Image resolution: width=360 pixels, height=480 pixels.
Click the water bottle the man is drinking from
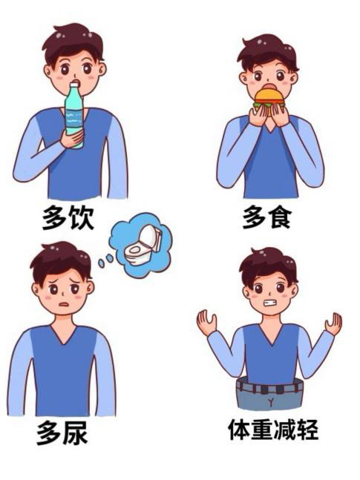(x=74, y=116)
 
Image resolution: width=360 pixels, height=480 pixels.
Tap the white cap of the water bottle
(x=74, y=84)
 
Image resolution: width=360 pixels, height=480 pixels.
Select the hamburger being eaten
(x=269, y=99)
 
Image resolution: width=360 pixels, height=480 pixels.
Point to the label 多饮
(x=68, y=217)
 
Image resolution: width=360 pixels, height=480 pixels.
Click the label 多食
(x=266, y=217)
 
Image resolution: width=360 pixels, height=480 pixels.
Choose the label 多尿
(x=62, y=433)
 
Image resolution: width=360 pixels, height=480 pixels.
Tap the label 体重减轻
(x=273, y=430)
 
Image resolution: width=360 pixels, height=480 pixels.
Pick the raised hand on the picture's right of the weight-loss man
(x=334, y=323)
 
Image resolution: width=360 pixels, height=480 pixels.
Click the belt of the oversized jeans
(x=269, y=387)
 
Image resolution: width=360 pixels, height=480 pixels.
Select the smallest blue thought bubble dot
(x=101, y=263)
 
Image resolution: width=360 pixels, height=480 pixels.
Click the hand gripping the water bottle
(x=72, y=139)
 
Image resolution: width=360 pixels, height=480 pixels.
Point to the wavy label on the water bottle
(x=74, y=119)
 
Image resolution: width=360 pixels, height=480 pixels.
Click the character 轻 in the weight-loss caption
(x=307, y=430)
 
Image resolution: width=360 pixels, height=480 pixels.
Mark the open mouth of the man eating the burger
(x=269, y=86)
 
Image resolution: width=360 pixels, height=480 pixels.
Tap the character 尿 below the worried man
(x=76, y=433)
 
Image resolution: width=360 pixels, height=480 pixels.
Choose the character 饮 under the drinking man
(x=81, y=217)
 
